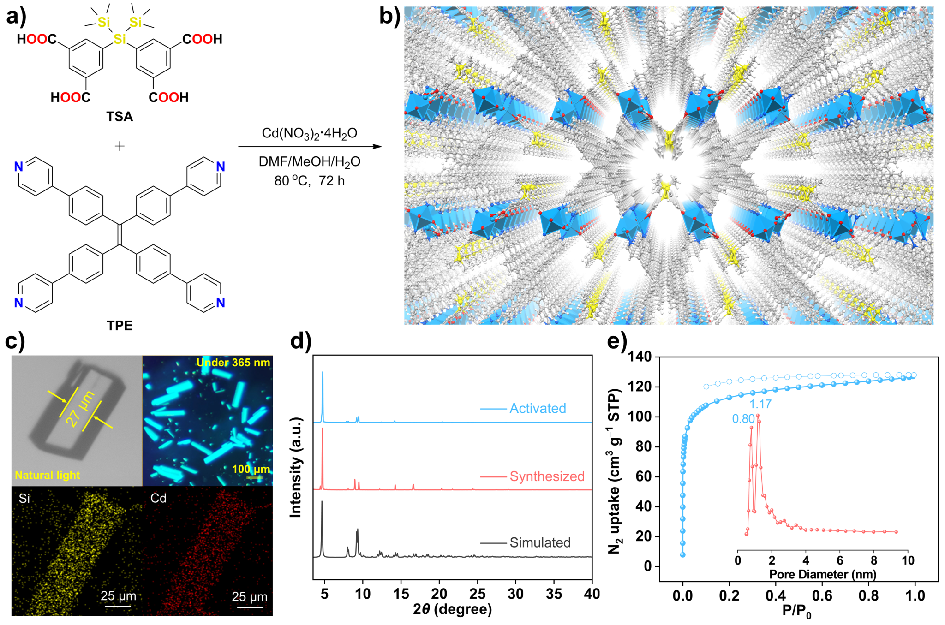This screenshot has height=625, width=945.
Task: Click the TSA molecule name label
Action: pos(120,116)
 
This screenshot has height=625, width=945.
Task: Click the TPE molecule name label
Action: pos(120,326)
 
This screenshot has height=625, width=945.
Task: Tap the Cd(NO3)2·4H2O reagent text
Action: pos(309,134)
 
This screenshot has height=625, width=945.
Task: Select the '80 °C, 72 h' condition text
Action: pos(309,181)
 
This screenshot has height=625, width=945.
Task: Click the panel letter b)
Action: pos(389,16)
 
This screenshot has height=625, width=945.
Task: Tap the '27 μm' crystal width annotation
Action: pos(80,409)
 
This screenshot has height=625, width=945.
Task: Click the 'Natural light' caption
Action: pos(47,475)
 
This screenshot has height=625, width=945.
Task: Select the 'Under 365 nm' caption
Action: pos(233,363)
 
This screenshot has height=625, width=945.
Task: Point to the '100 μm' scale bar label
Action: pos(251,469)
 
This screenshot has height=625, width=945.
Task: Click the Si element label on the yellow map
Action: pos(24,499)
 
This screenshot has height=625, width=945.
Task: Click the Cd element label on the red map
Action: pos(158,498)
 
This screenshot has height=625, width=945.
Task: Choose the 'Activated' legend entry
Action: pos(538,408)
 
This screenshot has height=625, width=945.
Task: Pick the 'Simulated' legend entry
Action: pos(540,542)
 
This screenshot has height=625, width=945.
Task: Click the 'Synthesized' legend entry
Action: pos(547,476)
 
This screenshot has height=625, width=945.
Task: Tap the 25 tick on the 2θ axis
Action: pos(478,594)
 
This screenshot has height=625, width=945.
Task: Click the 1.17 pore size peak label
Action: pos(760,405)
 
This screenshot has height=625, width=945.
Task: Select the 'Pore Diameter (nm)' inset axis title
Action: pos(823,574)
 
